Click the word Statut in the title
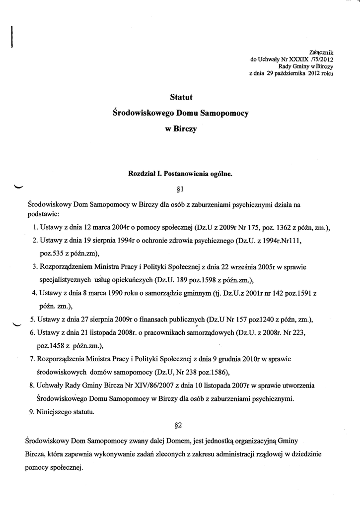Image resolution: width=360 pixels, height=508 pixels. [x=180, y=97]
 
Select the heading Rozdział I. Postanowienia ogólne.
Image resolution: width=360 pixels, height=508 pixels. [x=180, y=174]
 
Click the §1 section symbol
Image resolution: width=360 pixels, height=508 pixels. [x=180, y=189]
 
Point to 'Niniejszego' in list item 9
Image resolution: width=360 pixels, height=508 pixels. [x=56, y=411]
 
